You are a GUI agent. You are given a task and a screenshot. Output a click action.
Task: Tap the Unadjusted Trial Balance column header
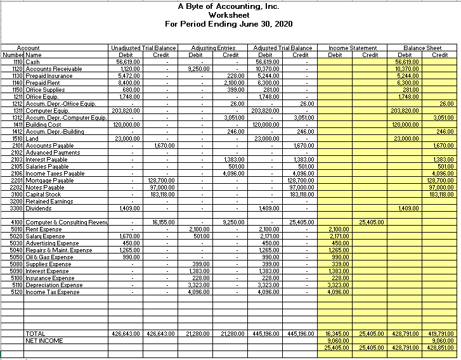143,48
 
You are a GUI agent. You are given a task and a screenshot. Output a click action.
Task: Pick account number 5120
15,292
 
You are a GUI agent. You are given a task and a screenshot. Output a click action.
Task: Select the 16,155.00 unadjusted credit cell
164,222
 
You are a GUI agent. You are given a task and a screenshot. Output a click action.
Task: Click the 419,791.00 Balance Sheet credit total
439,333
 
